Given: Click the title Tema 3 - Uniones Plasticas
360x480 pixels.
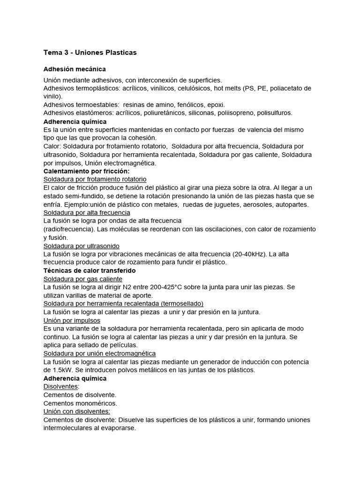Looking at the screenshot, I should click(90, 52).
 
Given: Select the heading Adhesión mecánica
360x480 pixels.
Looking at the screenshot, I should click(75, 69).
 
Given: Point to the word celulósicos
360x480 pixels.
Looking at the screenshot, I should click(192, 88).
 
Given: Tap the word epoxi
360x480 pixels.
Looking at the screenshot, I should click(216, 105).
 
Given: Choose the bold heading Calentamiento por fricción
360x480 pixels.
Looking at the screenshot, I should click(86, 171).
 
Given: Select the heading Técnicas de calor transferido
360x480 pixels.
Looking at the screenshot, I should click(90, 270).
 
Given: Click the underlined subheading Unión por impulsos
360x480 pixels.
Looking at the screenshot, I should click(72, 320).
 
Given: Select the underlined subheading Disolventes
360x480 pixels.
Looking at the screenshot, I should click(61, 386).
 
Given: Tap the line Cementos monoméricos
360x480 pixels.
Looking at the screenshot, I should click(80, 403).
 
